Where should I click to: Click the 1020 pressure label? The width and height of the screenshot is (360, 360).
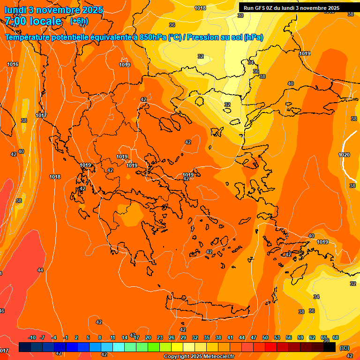tap(344, 155)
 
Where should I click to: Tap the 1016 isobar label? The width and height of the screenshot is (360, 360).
tap(13, 64)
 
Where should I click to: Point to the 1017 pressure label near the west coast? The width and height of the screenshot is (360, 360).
tap(41, 115)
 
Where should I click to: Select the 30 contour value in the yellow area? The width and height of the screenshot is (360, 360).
tap(240, 15)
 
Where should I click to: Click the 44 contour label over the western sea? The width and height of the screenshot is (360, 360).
tap(40, 270)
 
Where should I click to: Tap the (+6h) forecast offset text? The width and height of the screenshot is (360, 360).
tap(79, 21)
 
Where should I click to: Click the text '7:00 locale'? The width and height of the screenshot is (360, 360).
tap(33, 21)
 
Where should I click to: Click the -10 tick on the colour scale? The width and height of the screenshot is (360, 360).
tap(32, 337)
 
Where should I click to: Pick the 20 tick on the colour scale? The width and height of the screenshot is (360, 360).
tap(148, 337)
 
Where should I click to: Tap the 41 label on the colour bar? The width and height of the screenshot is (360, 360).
tap(230, 337)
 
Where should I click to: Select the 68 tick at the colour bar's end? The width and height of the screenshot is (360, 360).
tap(336, 337)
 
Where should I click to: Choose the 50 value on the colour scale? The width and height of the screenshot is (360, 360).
tap(265, 337)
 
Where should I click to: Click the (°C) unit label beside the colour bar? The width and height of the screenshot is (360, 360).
tap(344, 347)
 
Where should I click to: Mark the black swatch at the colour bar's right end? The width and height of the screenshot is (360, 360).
tap(330, 347)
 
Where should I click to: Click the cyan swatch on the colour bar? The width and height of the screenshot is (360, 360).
tap(119, 347)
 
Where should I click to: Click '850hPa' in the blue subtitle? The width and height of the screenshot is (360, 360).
tap(153, 37)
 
